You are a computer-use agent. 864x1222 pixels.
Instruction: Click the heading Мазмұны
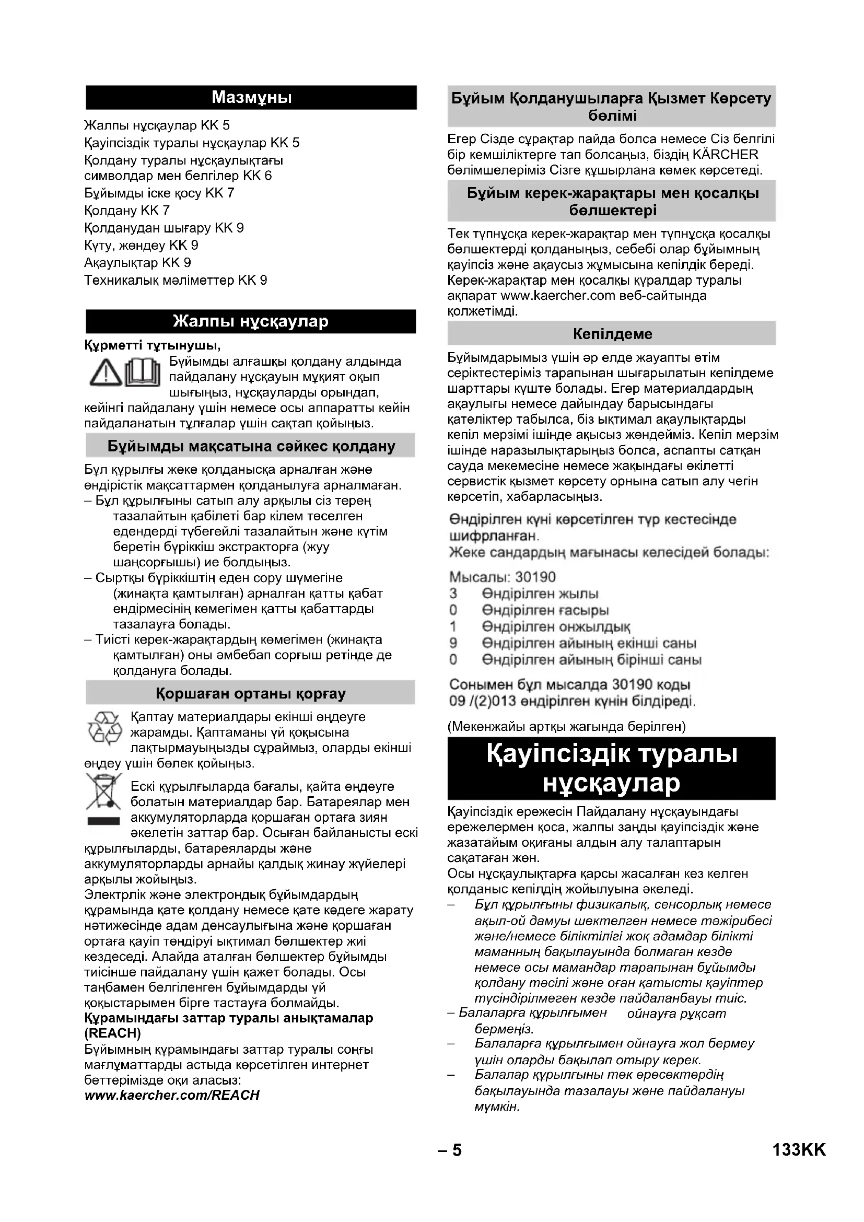coord(251,97)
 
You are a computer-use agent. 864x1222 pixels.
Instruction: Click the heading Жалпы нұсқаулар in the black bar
coord(251,321)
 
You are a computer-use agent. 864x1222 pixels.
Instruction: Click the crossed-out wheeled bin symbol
coord(104,793)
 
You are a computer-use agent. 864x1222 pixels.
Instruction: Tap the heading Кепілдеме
coord(612,334)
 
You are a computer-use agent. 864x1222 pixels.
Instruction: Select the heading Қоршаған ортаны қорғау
coord(251,693)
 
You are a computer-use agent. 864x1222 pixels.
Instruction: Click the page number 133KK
coord(799,1149)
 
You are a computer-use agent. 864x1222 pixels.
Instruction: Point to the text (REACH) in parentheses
coord(112,1033)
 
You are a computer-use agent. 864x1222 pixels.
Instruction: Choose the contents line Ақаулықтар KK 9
coord(137,263)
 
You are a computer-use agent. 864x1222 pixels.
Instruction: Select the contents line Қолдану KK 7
coord(126,210)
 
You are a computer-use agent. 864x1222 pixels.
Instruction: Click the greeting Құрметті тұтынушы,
coord(152,345)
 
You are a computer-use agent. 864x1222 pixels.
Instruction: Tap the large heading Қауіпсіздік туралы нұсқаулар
coord(611,768)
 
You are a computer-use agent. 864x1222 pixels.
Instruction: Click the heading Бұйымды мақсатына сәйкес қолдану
coord(251,446)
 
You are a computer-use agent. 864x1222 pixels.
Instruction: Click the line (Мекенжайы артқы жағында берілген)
coord(567,726)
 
